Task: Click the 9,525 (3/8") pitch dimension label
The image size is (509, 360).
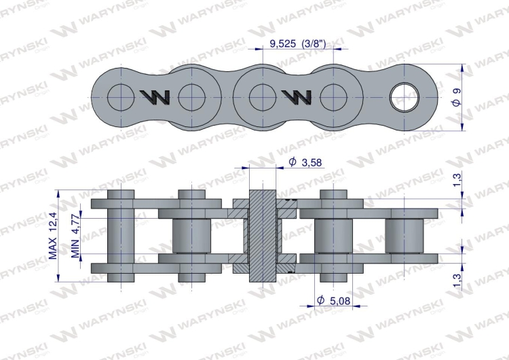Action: [297, 43]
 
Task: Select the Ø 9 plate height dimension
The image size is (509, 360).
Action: [457, 97]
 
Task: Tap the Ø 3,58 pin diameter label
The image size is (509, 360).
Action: [305, 162]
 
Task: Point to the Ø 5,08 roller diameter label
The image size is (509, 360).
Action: [333, 300]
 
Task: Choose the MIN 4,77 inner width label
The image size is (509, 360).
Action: [75, 236]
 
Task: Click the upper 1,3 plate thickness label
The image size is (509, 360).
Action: [457, 180]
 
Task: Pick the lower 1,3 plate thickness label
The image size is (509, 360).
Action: [457, 281]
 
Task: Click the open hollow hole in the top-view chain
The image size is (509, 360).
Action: [404, 97]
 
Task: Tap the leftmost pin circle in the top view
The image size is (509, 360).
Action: [121, 97]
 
